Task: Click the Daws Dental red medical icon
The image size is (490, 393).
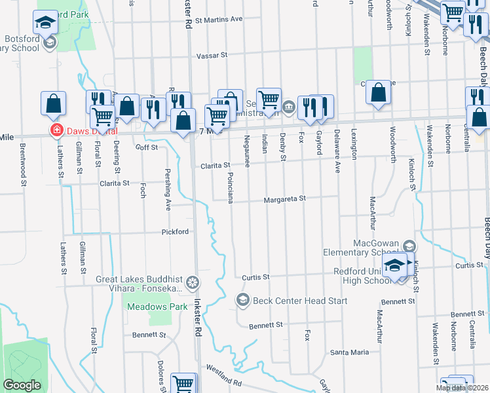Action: click(57, 131)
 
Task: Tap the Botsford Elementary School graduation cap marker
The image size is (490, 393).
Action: click(46, 24)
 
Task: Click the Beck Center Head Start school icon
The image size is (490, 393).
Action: click(242, 300)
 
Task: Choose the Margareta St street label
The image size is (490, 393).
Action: click(285, 199)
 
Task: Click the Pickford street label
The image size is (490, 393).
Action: click(176, 232)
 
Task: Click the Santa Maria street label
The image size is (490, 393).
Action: click(350, 352)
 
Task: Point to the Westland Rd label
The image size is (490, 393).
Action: click(223, 377)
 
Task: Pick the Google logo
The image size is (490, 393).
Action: click(22, 385)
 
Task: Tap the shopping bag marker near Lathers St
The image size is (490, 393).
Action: click(53, 103)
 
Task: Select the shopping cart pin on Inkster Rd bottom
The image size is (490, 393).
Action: click(183, 384)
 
